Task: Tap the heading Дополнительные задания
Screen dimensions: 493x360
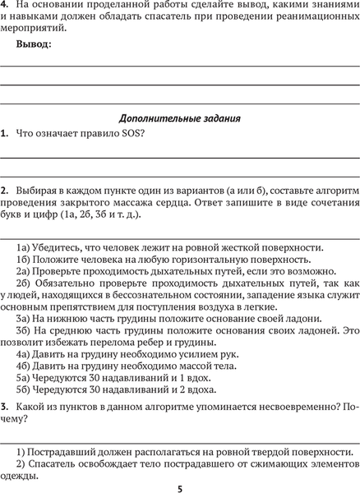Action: (180, 117)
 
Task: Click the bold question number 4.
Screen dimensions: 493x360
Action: (4, 6)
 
